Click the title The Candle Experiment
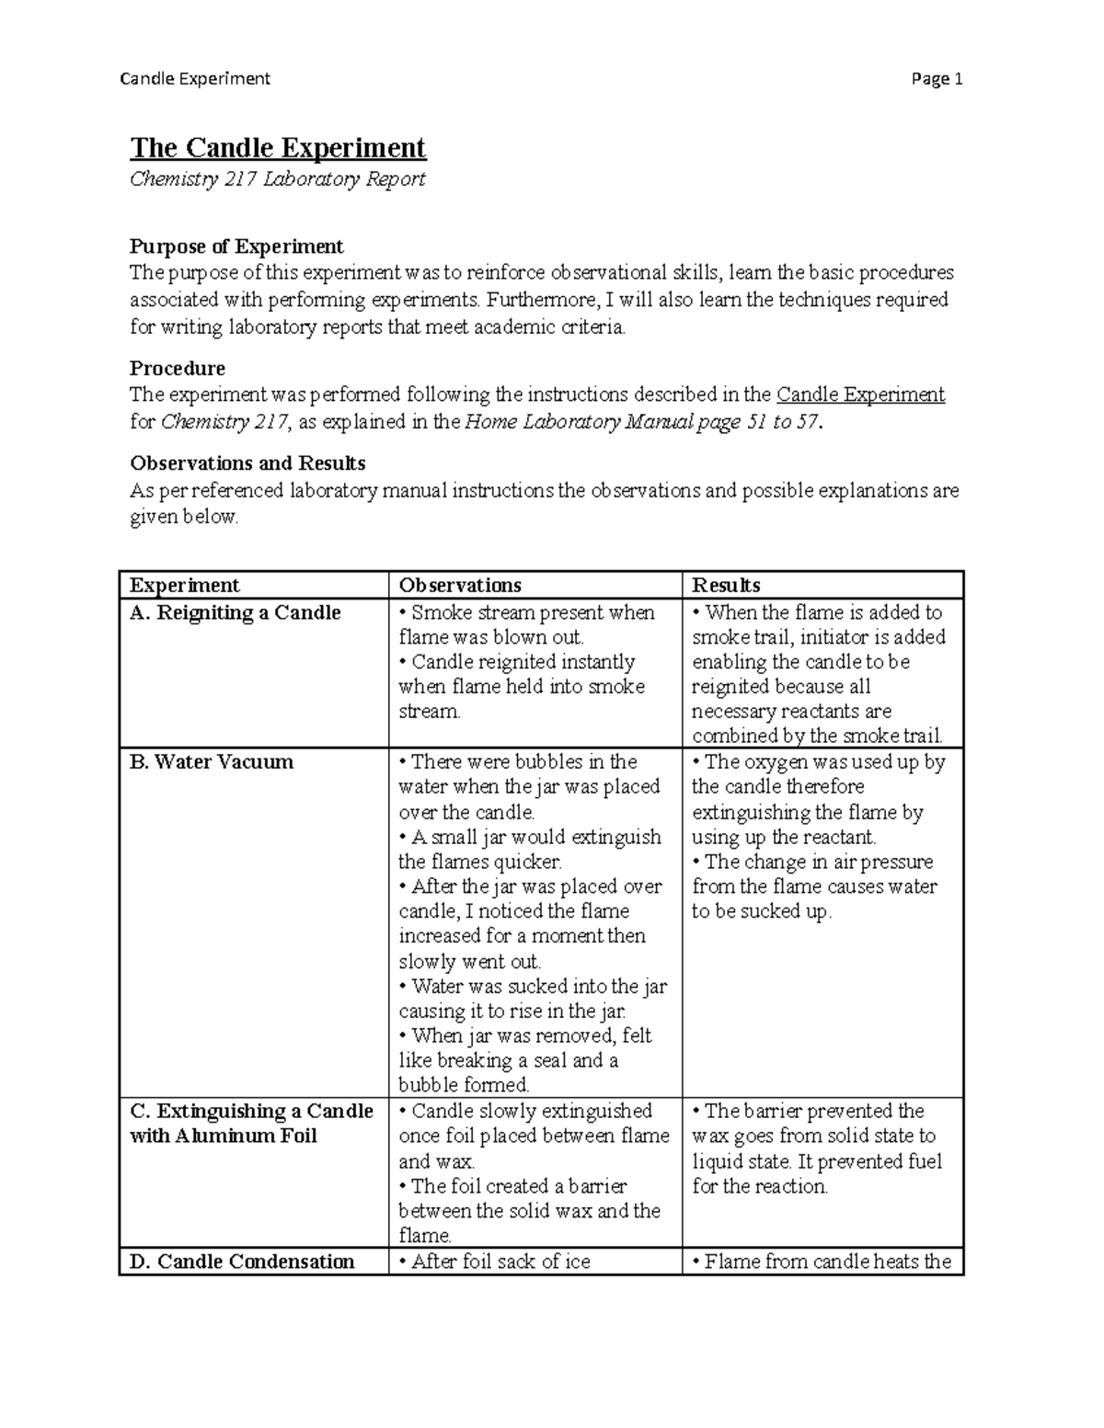[278, 148]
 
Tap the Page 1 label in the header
[937, 79]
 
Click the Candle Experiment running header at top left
[195, 79]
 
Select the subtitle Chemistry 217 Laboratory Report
[277, 179]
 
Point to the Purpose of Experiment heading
[236, 246]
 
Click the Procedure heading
[177, 369]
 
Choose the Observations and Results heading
[247, 463]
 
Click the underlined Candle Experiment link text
[860, 395]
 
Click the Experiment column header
[184, 586]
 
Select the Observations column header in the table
[459, 586]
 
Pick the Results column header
[726, 586]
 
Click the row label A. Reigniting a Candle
[236, 613]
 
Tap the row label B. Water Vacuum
[212, 762]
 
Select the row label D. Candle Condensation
[242, 1262]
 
